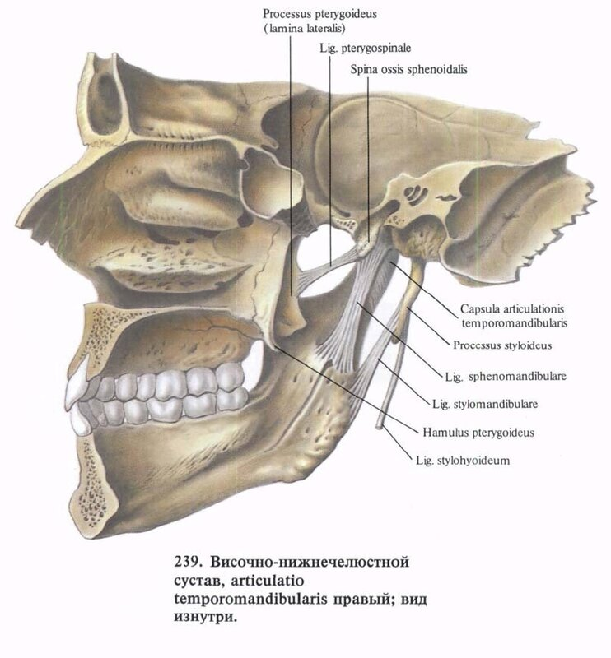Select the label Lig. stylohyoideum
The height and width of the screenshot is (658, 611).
point(460,461)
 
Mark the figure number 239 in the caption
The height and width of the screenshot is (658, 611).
point(186,565)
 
